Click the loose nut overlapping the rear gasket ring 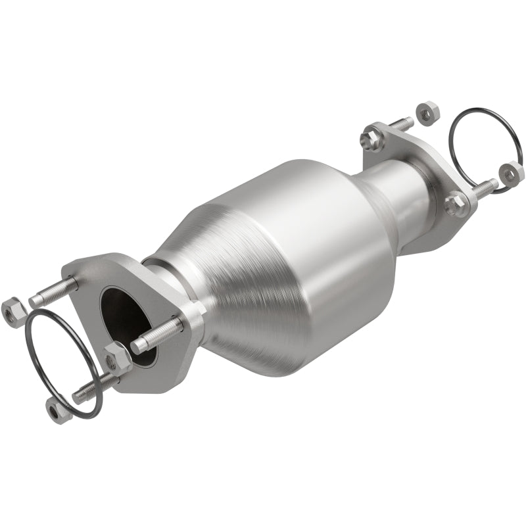510,172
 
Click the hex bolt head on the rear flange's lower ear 454,204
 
